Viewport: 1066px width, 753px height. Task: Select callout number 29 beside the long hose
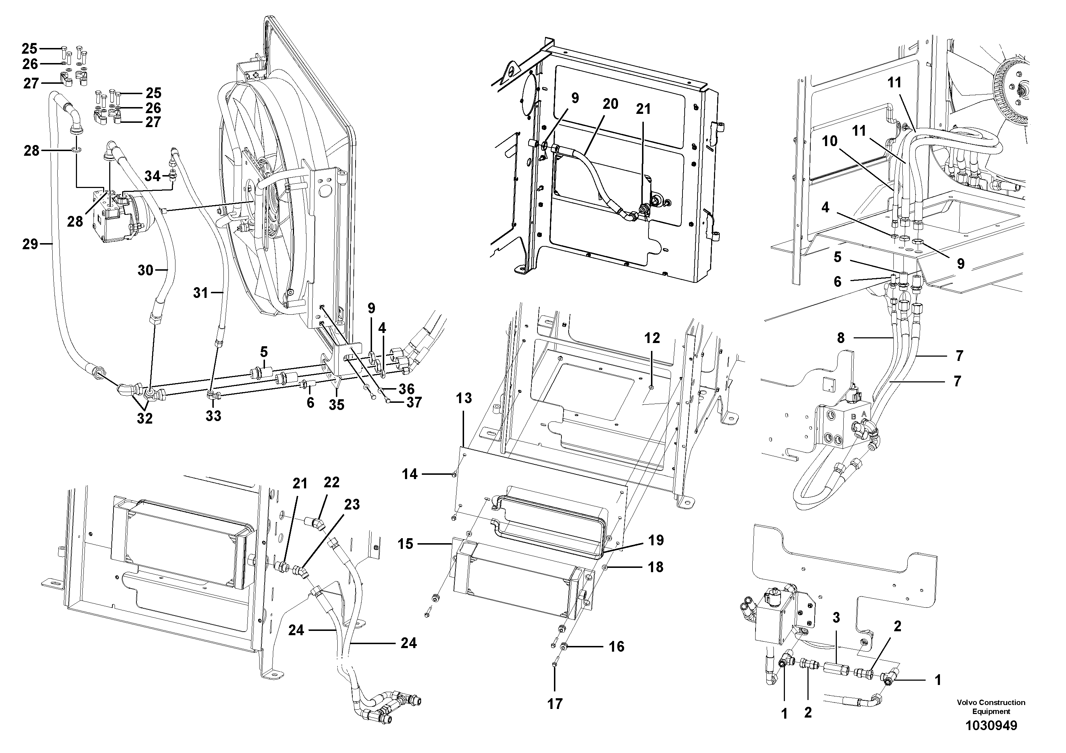click(30, 244)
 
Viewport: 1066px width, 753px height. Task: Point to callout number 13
click(464, 398)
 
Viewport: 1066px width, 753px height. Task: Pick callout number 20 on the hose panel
click(611, 104)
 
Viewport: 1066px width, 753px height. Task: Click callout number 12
click(652, 338)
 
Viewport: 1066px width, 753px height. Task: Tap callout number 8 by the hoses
click(841, 338)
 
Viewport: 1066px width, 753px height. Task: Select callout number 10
click(830, 141)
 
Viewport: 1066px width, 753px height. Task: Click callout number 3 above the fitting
click(836, 618)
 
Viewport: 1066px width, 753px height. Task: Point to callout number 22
click(332, 482)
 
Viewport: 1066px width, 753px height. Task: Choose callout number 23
click(352, 504)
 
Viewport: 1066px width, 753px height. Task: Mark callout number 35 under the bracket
click(337, 405)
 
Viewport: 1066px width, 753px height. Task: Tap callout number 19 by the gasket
click(656, 540)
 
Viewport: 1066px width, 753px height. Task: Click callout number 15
click(405, 544)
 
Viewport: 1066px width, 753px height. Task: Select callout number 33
click(213, 416)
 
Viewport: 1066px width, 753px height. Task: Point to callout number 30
click(145, 270)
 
